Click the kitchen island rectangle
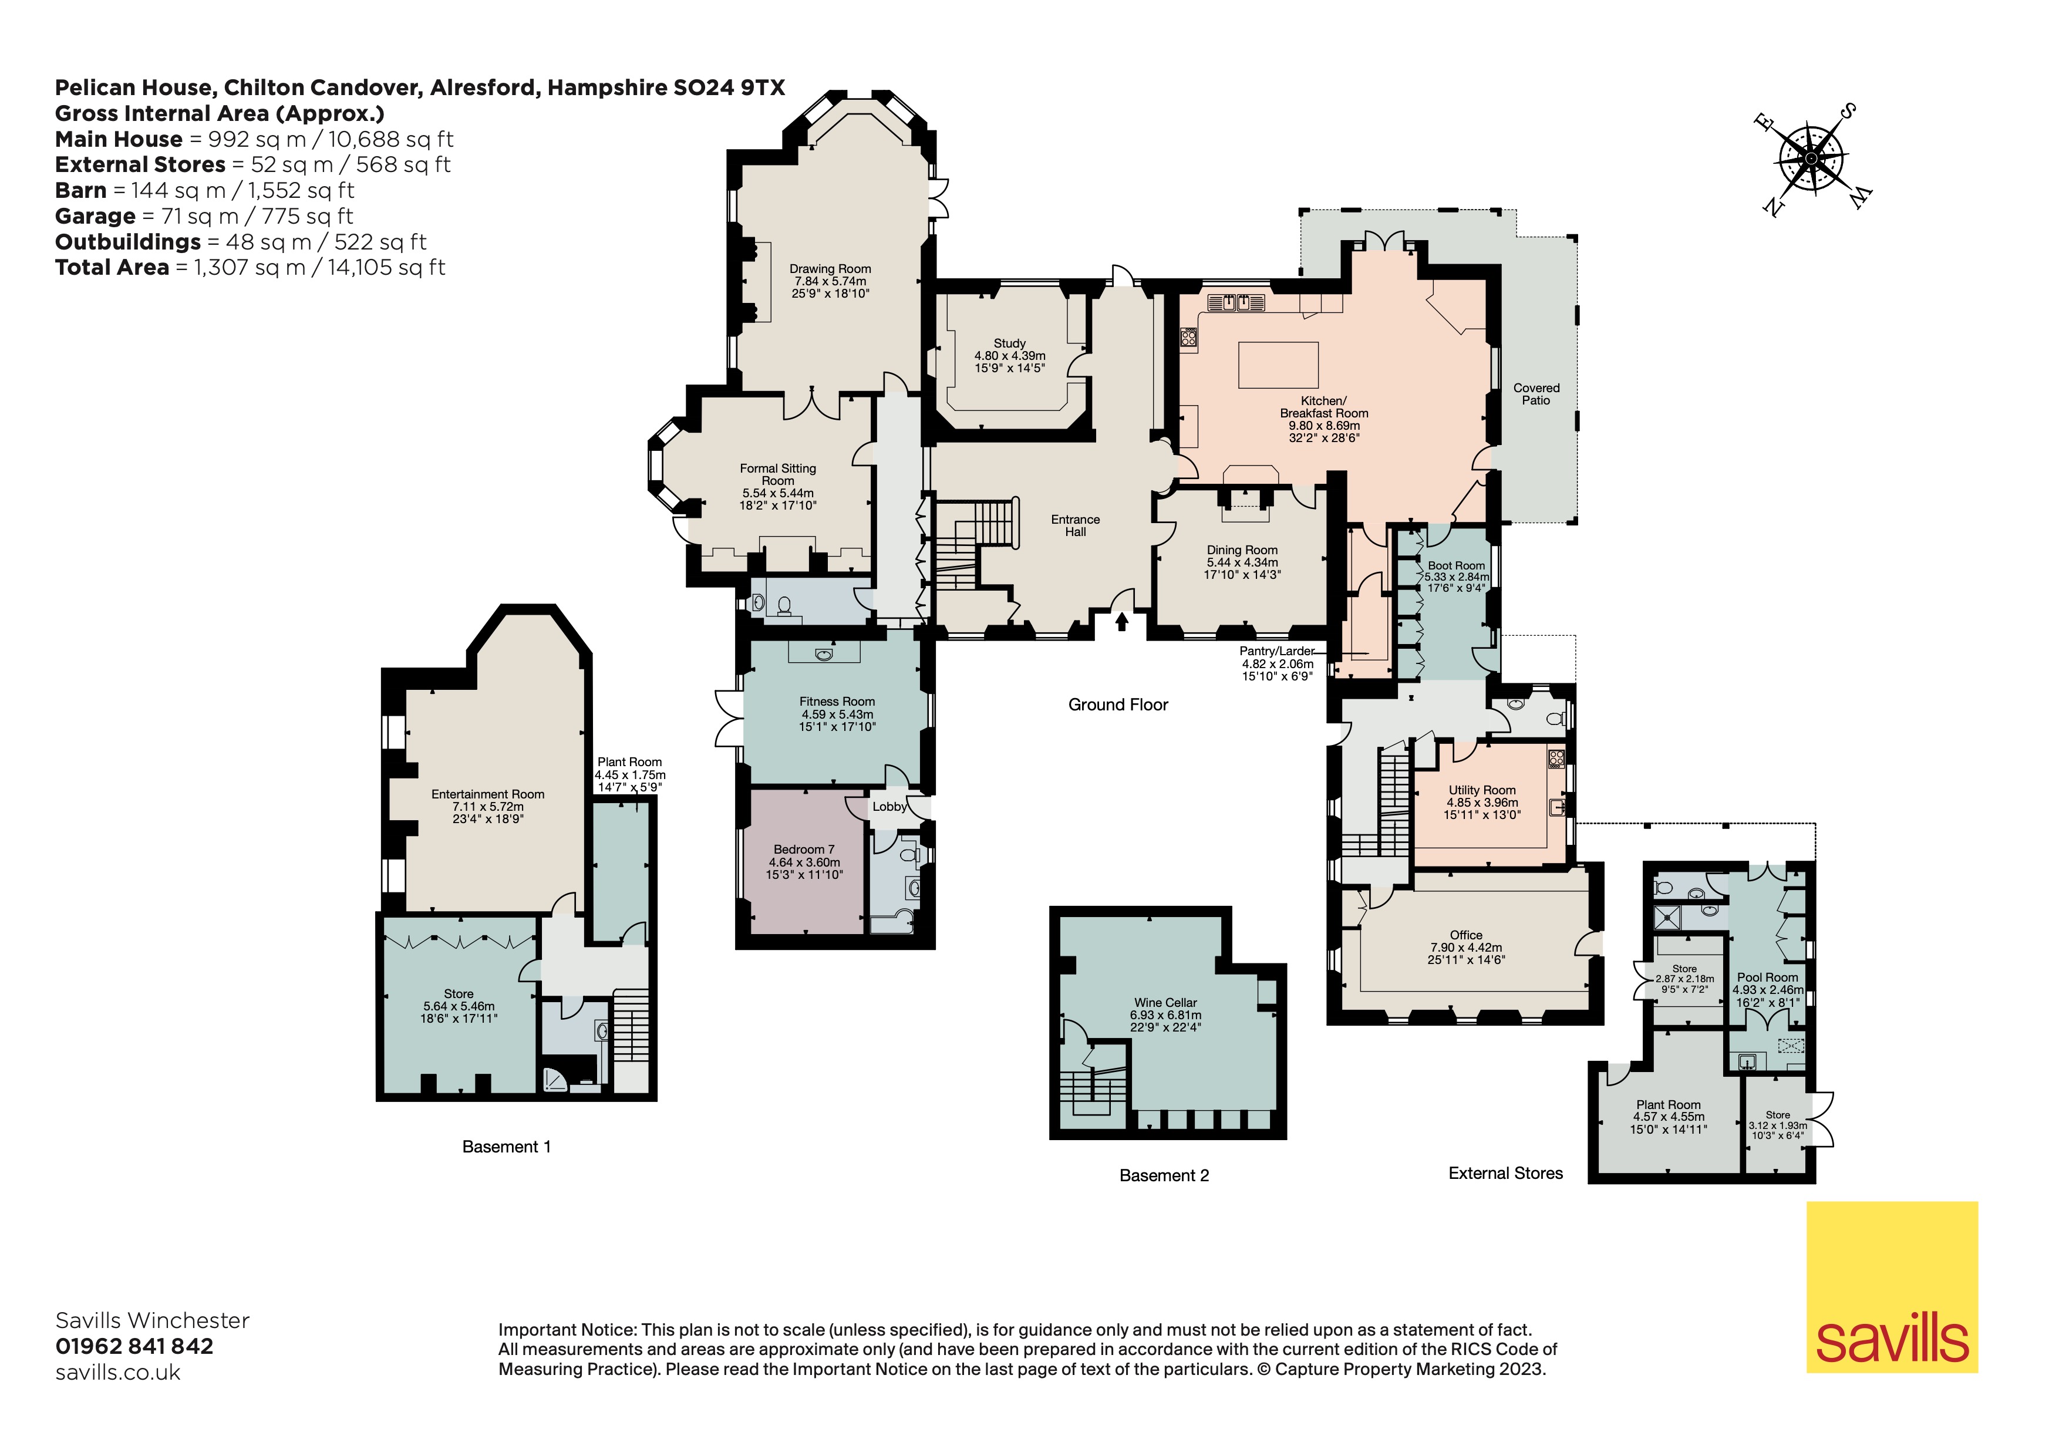coord(1278,365)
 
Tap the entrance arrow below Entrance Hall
coord(1122,621)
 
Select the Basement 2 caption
coord(1164,1175)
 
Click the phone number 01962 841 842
coord(134,1346)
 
